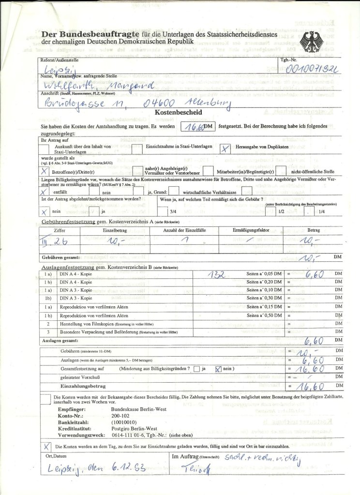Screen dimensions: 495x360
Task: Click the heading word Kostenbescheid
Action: click(173, 112)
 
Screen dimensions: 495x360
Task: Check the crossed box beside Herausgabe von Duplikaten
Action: click(225, 149)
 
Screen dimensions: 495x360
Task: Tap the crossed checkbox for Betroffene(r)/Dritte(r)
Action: click(45, 171)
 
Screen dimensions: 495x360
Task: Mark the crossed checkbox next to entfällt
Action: click(45, 191)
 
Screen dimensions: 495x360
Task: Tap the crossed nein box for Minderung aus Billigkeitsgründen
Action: click(218, 369)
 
